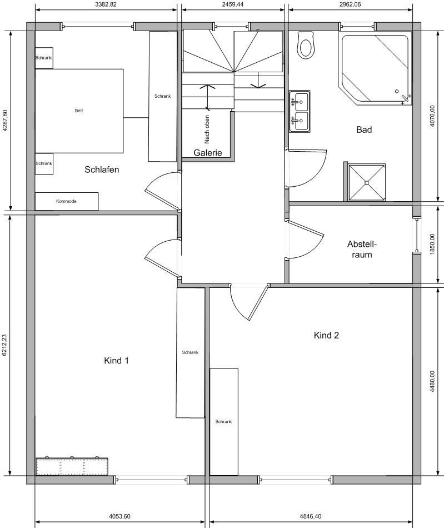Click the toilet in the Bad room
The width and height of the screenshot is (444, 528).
point(306,45)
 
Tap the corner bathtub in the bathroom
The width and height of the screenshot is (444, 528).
point(376,69)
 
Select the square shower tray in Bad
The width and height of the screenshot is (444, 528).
point(367,182)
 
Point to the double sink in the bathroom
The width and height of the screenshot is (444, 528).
point(300,111)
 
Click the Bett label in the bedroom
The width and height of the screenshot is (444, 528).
point(79,111)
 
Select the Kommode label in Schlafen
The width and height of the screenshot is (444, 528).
point(66,201)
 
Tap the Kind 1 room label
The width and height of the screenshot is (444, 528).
point(117,361)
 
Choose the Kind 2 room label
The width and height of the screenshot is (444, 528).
point(326,335)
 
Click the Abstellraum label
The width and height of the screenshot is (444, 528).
point(362,249)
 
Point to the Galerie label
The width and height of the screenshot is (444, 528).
point(208,152)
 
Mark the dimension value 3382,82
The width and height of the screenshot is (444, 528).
point(106,4)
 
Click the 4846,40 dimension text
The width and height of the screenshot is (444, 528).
point(311,516)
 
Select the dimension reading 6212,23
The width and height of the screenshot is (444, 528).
point(4,345)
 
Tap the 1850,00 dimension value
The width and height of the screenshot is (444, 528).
point(432,244)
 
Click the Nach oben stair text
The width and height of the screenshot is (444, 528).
point(207,129)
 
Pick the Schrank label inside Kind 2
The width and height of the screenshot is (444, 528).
point(223,422)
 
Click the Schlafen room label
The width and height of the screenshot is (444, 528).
point(102,170)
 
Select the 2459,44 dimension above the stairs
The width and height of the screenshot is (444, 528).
point(233,4)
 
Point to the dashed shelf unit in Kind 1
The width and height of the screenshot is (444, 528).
point(72,466)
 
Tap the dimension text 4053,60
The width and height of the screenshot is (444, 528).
point(119,516)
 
